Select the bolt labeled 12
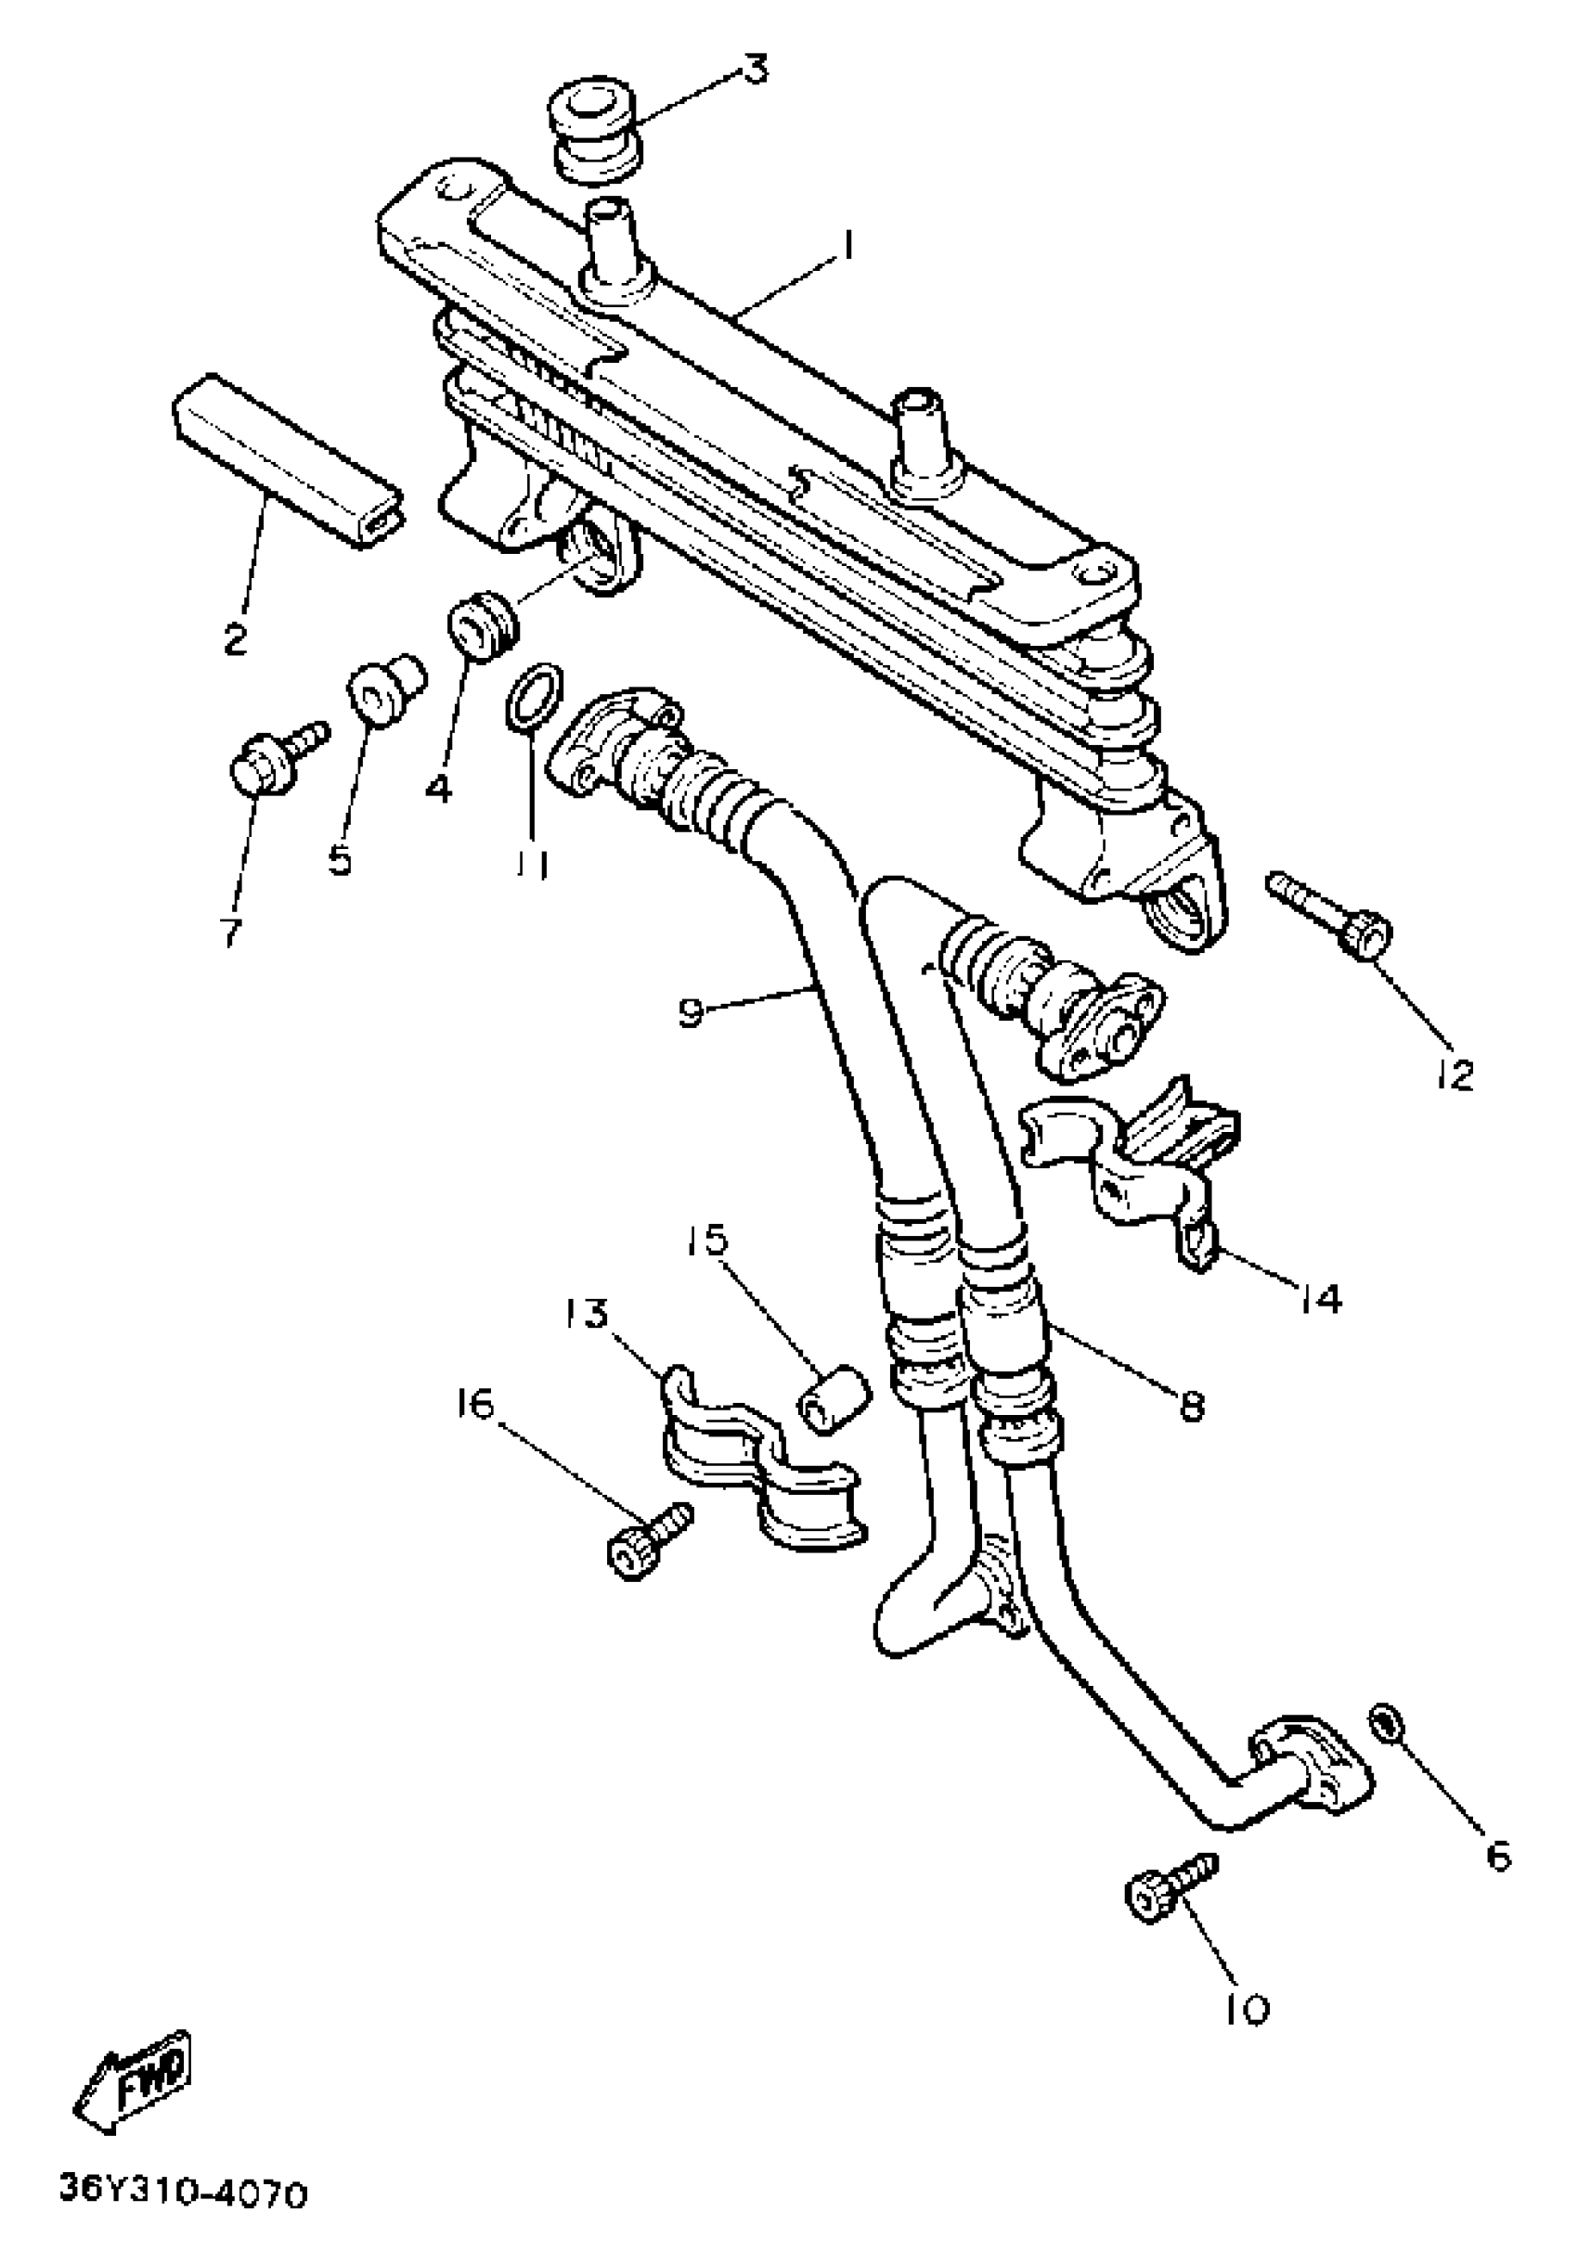pyautogui.click(x=1331, y=912)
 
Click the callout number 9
pyautogui.click(x=692, y=1011)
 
